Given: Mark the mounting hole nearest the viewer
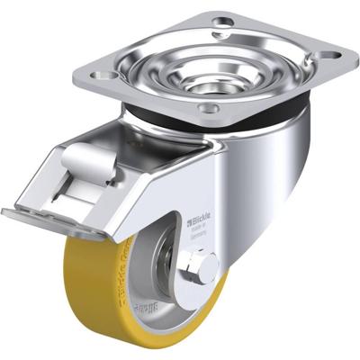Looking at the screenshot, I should pos(210,111).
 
